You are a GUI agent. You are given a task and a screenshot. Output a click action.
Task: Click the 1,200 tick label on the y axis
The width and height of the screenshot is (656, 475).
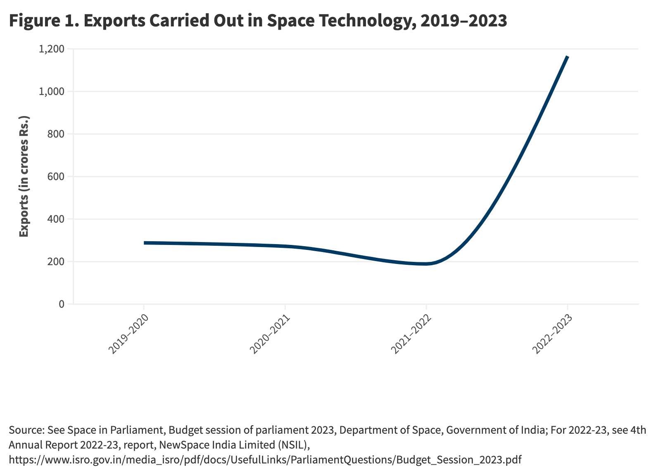coord(51,49)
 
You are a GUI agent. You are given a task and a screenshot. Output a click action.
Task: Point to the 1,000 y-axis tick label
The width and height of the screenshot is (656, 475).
coord(51,92)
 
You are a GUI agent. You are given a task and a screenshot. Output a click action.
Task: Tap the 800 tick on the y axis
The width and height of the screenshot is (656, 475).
coord(56,134)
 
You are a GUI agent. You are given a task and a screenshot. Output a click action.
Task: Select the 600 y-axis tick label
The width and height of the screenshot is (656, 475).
coord(56,177)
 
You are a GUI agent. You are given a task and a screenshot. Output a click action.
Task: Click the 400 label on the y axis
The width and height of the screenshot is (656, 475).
coord(56,219)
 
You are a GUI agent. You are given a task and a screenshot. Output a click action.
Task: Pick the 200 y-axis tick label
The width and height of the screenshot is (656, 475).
coord(56,262)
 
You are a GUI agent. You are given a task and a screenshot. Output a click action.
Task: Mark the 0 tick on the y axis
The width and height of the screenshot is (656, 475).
coord(62,304)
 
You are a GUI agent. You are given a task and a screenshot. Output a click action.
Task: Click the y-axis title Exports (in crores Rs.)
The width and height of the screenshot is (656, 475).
coord(24,176)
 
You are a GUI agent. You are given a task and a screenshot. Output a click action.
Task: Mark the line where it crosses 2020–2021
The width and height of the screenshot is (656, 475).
coord(285,246)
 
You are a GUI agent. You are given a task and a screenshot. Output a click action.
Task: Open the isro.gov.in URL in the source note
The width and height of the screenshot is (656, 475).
coord(265,460)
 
